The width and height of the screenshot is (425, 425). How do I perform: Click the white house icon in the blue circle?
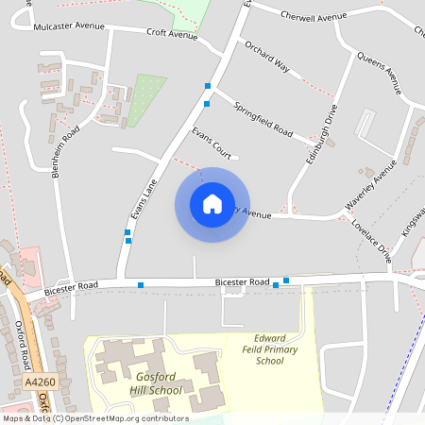click(212, 204)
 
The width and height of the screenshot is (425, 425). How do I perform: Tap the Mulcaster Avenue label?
click(67, 27)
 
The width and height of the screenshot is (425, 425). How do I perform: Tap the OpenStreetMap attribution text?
click(94, 418)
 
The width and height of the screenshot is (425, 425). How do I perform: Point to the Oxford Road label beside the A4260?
click(25, 346)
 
